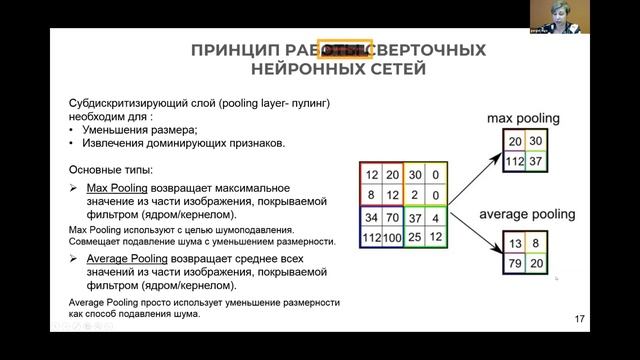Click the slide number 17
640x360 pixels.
(x=581, y=320)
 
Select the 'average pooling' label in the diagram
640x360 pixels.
(x=528, y=214)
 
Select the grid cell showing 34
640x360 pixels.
(x=372, y=218)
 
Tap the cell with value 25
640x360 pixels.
(x=413, y=238)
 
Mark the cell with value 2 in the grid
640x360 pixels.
(x=413, y=196)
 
